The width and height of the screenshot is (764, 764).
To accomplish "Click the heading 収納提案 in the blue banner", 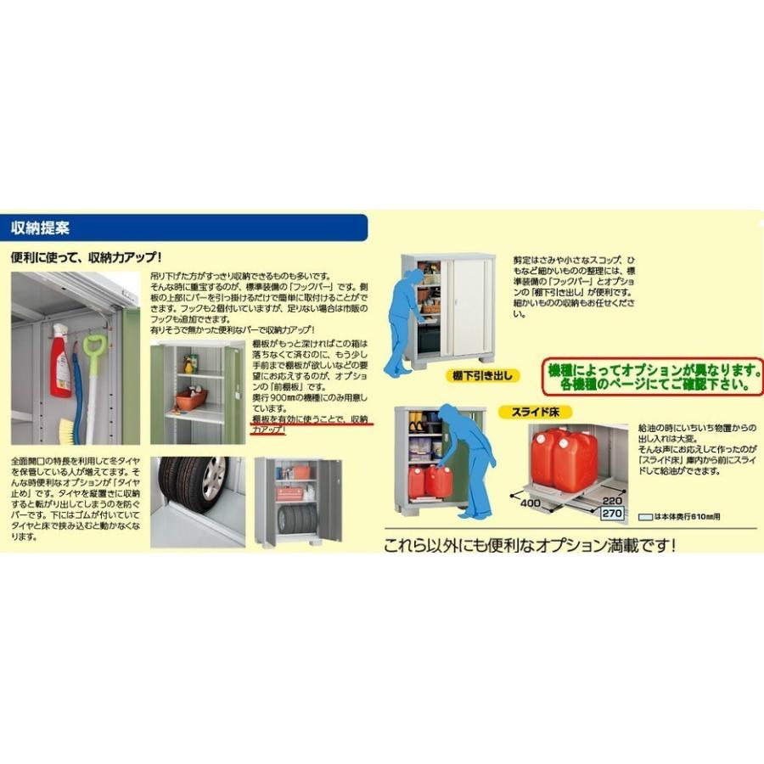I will (40, 228).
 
